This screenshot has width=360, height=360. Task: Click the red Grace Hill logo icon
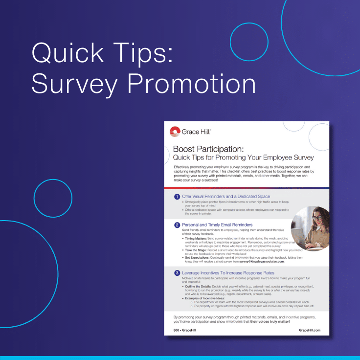click(175, 131)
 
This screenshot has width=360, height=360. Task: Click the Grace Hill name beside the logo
click(196, 131)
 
